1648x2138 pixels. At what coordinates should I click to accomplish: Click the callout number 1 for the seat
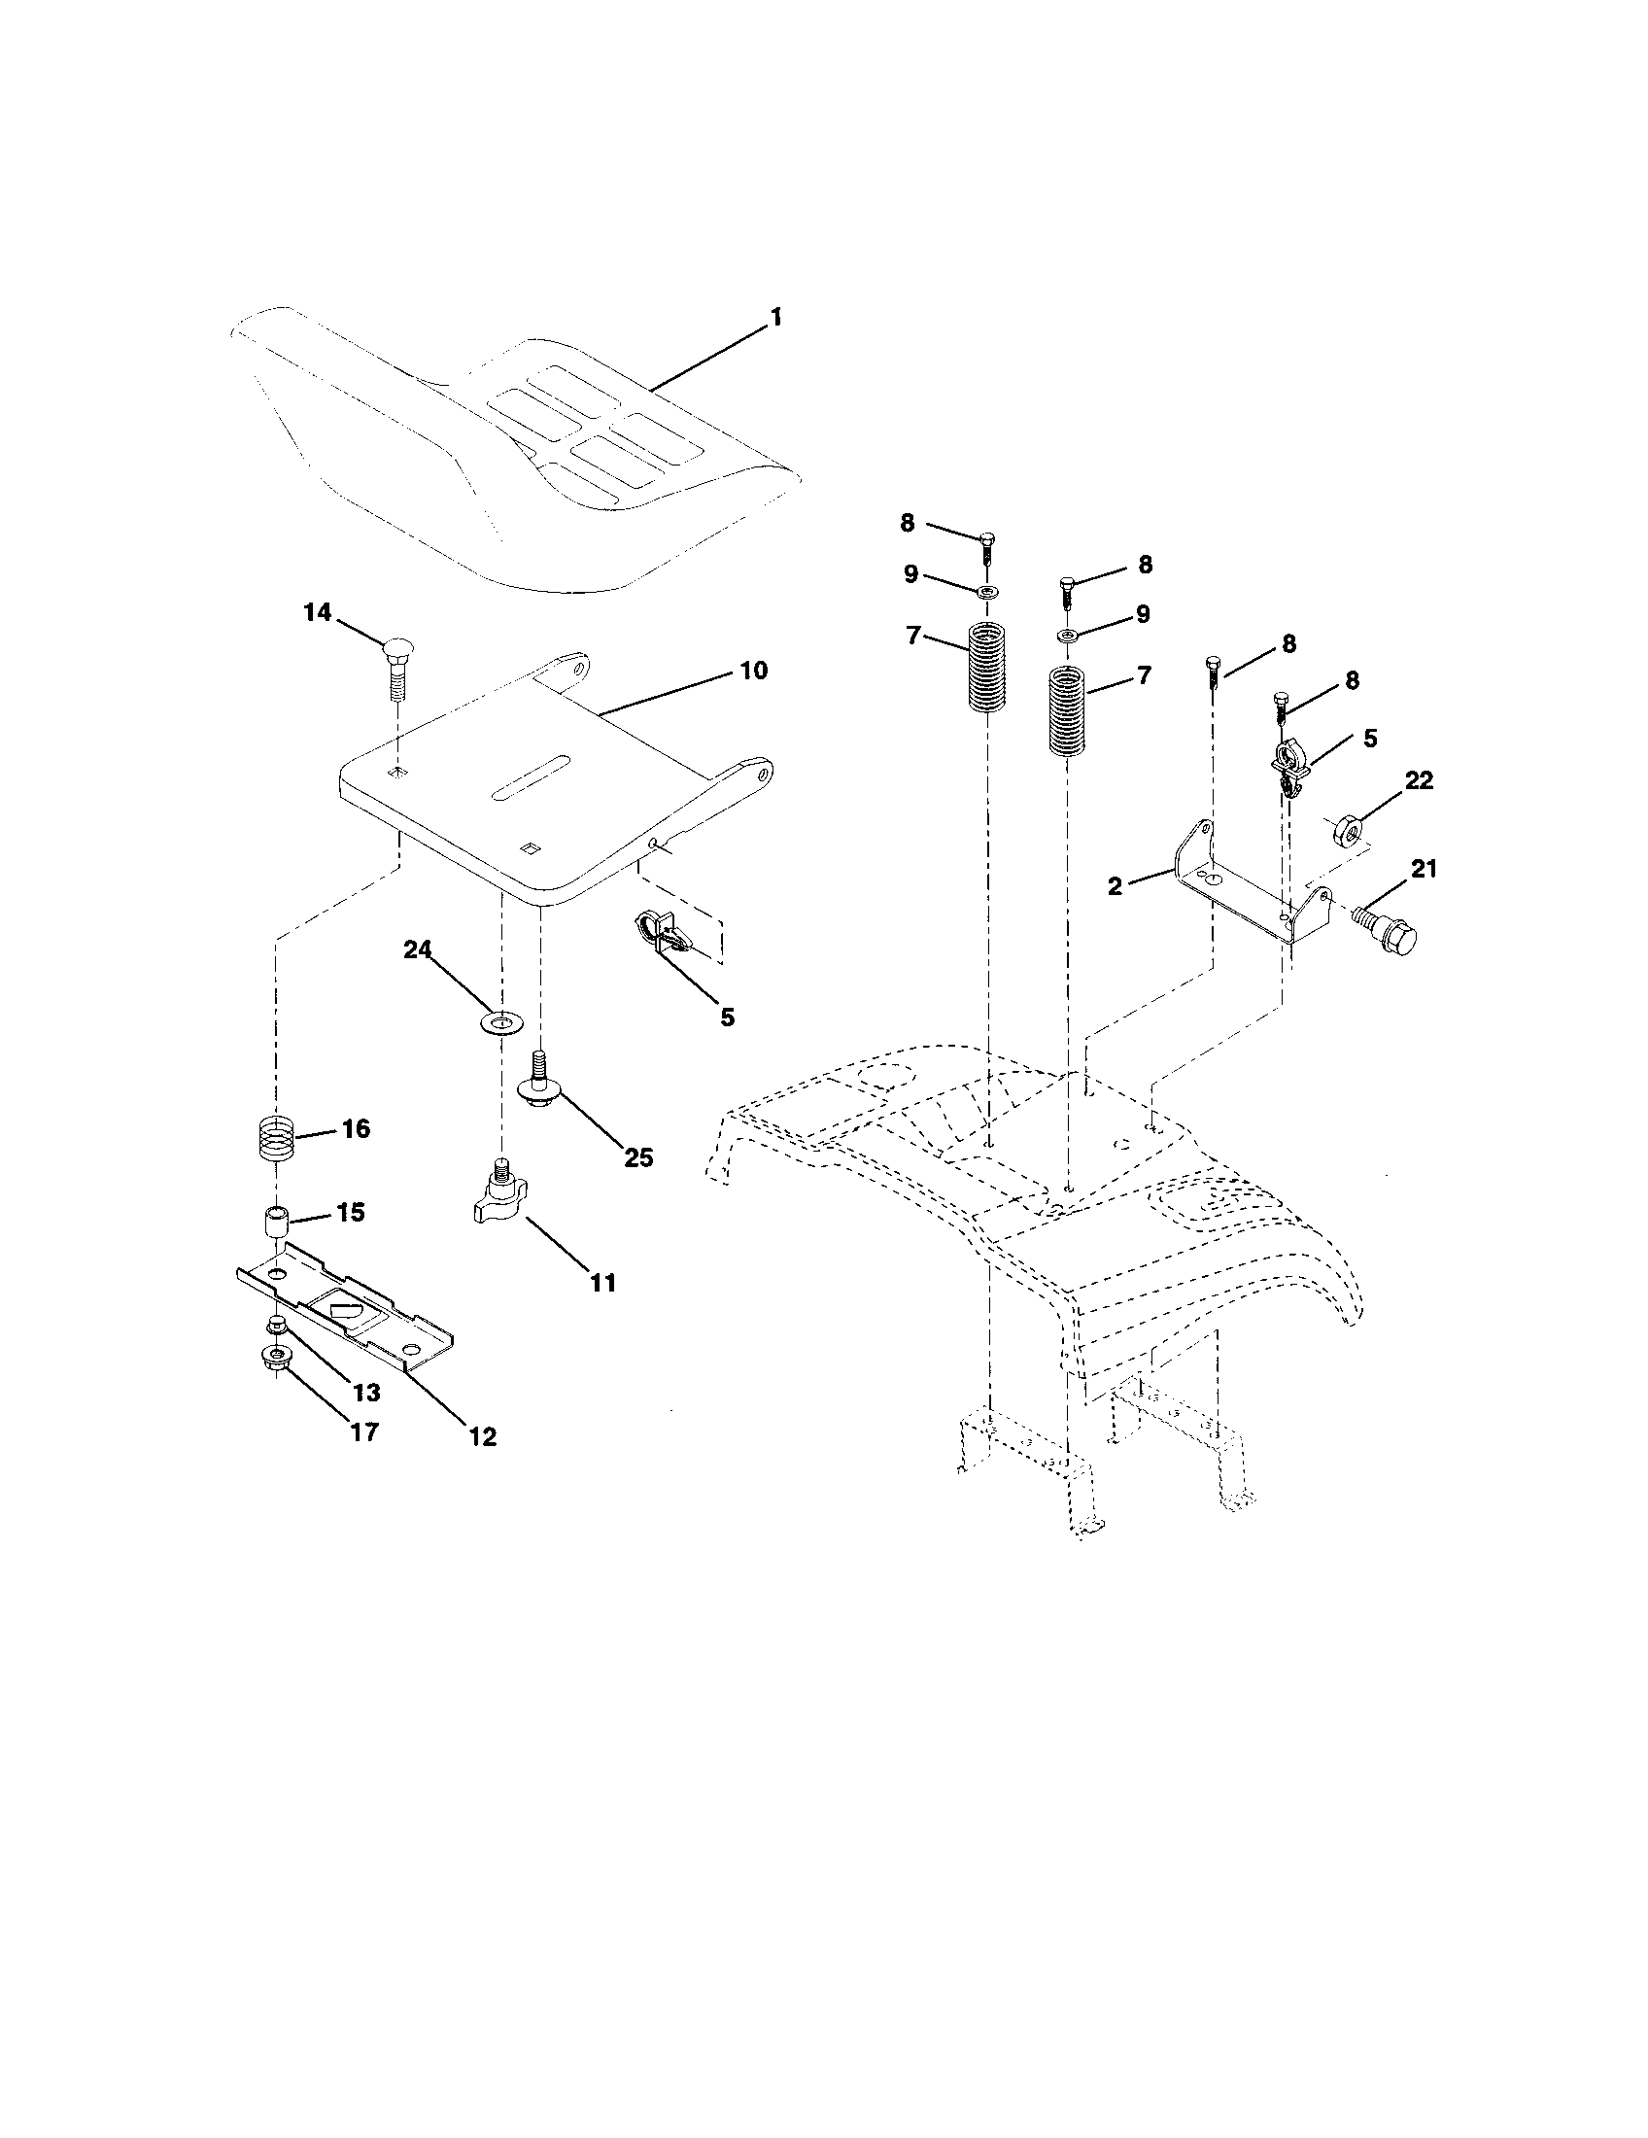click(x=775, y=317)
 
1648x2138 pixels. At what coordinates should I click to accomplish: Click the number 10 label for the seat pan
click(x=753, y=672)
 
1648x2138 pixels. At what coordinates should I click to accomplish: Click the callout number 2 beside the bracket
click(x=1115, y=887)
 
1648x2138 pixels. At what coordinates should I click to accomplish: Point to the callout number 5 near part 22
click(x=1370, y=739)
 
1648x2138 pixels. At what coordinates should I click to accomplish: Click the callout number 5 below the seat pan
click(x=726, y=1017)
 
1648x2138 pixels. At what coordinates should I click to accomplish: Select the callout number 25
click(x=638, y=1157)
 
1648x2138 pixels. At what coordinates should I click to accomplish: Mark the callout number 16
click(x=356, y=1127)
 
